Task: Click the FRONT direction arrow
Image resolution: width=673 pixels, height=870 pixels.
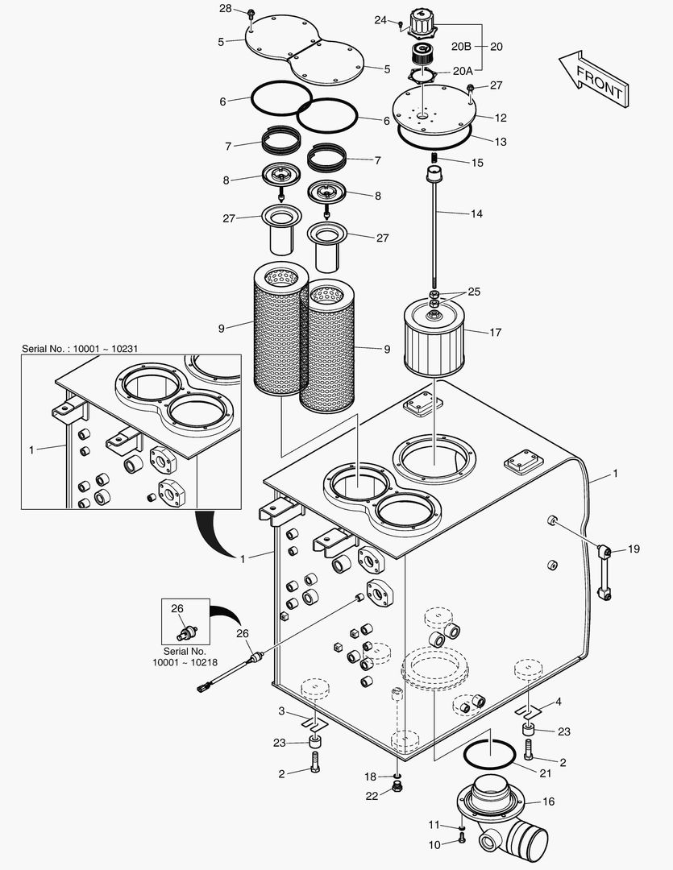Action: [x=592, y=79]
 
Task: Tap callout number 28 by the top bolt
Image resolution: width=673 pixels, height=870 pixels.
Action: [x=226, y=9]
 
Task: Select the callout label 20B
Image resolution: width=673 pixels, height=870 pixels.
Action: [x=461, y=46]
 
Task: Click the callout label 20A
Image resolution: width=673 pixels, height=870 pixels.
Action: [x=463, y=70]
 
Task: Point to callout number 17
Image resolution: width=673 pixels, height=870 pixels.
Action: [x=495, y=332]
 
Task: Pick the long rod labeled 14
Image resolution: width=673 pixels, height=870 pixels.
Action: [x=434, y=234]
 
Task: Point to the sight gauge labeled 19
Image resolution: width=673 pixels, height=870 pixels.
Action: [x=604, y=572]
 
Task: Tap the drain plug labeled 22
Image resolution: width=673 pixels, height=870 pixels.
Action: [x=397, y=786]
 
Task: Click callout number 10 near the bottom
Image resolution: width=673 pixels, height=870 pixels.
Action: [x=434, y=844]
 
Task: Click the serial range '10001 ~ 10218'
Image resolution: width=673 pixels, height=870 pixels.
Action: [x=185, y=661]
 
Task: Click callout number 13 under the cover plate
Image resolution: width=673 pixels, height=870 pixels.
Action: [x=500, y=142]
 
